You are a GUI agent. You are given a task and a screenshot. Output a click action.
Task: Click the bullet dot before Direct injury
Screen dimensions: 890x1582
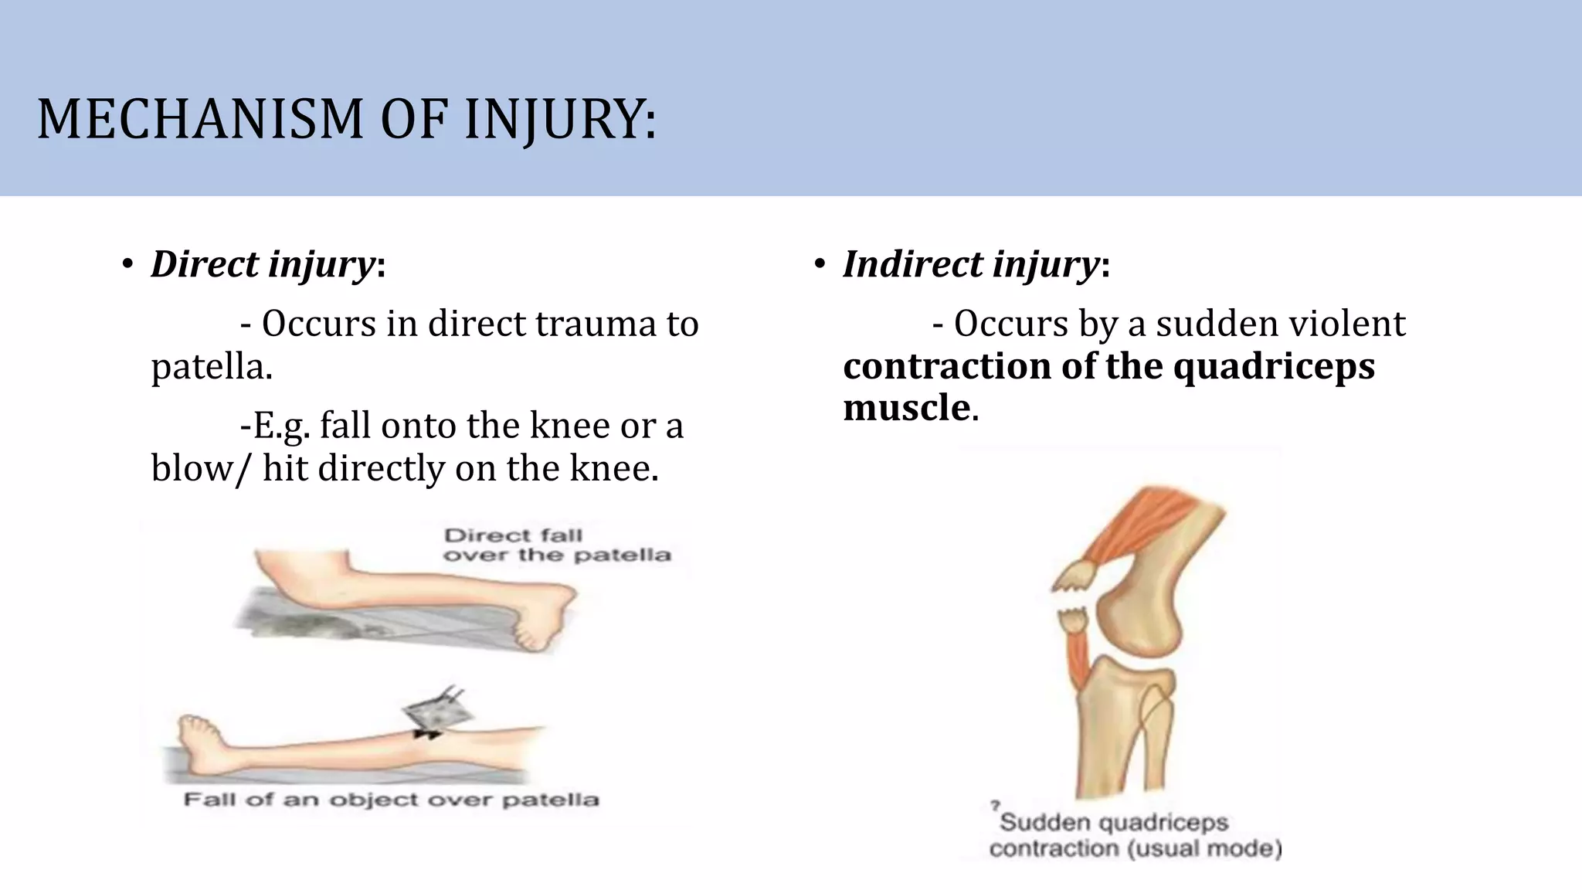tap(127, 265)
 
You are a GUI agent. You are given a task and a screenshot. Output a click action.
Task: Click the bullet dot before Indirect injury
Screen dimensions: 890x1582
tap(820, 265)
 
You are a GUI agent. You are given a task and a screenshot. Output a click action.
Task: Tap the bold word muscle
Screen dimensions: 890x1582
tap(906, 407)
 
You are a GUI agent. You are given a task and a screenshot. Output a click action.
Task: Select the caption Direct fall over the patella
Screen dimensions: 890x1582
tap(556, 545)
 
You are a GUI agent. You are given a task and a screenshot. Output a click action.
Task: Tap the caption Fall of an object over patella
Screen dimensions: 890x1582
tap(391, 800)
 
